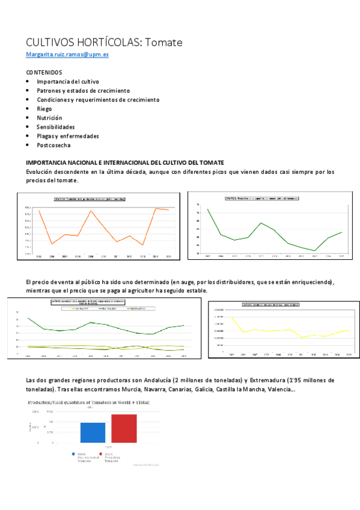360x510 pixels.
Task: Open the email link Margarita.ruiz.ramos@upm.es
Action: click(x=67, y=54)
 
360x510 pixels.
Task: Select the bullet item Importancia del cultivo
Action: click(x=67, y=81)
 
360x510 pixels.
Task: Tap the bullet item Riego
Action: click(x=44, y=109)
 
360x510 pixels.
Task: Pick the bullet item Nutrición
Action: click(x=49, y=118)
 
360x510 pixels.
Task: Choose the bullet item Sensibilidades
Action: click(x=55, y=127)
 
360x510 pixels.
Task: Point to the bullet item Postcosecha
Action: click(x=53, y=145)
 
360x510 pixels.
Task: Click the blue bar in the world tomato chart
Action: click(x=93, y=432)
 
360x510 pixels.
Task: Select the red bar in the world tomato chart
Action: click(x=124, y=428)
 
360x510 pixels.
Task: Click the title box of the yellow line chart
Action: click(x=270, y=305)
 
